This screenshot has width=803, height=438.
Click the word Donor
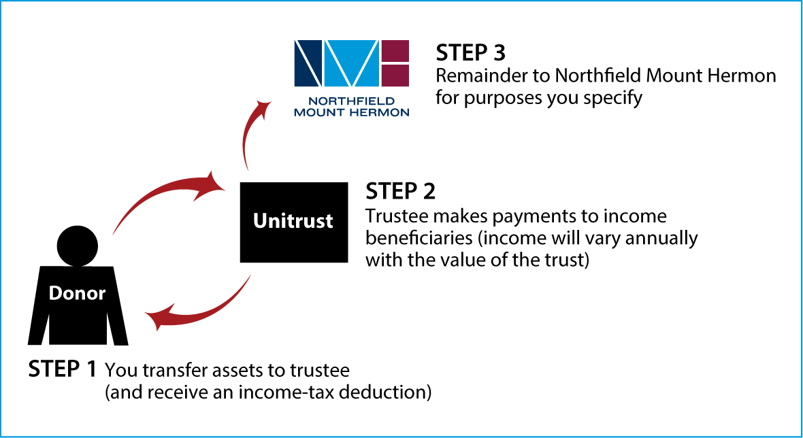pos(77,294)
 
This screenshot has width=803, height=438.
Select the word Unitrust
pos(293,221)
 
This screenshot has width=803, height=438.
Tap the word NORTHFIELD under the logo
pos(351,101)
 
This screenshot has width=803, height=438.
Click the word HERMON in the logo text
pos(379,112)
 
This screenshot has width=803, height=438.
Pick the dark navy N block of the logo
pos(308,63)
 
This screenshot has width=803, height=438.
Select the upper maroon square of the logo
pos(395,50)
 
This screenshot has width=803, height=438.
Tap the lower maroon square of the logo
pos(395,75)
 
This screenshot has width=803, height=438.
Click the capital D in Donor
pos(55,294)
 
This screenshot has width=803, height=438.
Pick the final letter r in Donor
pos(102,295)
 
